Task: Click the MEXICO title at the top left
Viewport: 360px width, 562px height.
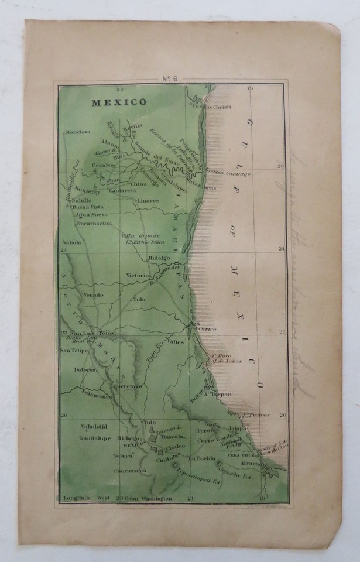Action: pyautogui.click(x=119, y=102)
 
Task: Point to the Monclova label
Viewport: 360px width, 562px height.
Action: pyautogui.click(x=77, y=132)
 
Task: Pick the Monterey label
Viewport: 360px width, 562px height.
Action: pyautogui.click(x=87, y=191)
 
